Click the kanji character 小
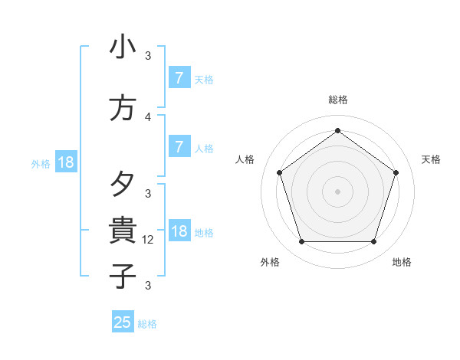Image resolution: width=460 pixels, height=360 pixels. tap(123, 47)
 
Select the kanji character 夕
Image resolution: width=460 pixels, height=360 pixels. tap(123, 184)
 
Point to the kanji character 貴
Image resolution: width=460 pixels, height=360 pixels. tap(123, 230)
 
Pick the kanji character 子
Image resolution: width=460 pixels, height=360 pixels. tap(123, 276)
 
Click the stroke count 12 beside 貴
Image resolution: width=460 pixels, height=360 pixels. tap(149, 240)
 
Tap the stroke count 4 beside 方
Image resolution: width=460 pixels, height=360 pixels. tap(148, 117)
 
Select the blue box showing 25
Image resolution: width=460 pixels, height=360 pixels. tap(123, 322)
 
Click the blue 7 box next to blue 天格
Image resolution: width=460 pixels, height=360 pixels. tap(179, 78)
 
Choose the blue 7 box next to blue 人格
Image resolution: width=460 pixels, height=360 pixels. tap(179, 147)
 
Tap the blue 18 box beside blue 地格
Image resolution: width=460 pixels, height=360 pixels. tap(179, 231)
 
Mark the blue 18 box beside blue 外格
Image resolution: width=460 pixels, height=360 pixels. tap(65, 162)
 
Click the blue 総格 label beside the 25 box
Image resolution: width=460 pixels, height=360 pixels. tap(147, 324)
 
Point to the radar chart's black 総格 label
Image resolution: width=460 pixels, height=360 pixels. tap(337, 100)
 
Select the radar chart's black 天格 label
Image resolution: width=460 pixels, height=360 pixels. tap(431, 159)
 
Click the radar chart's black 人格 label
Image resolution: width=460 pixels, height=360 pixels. tap(245, 159)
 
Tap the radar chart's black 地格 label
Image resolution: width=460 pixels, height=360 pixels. tap(402, 262)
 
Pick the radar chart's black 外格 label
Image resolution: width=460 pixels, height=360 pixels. tap(270, 262)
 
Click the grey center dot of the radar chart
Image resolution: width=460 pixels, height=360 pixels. tap(337, 191)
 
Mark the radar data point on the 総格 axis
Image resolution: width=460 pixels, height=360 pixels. tap(337, 131)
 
